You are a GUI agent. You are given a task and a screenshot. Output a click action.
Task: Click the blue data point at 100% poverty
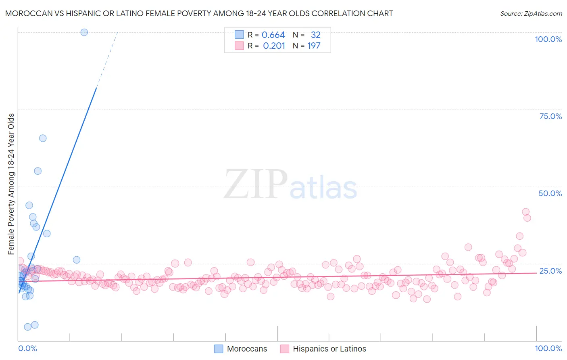coord(84,32)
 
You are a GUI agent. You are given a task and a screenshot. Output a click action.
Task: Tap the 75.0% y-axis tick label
coord(550,116)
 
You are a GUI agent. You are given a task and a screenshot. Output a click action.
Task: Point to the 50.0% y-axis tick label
coord(550,193)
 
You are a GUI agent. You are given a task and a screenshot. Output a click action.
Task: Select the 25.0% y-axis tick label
coord(550,271)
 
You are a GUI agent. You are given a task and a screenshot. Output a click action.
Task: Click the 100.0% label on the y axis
coord(548,39)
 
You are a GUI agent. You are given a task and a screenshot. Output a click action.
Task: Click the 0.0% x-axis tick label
coord(27,348)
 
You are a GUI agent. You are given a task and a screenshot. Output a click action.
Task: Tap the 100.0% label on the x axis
coord(548,348)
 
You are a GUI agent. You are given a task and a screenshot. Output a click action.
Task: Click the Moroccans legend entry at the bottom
coord(247,349)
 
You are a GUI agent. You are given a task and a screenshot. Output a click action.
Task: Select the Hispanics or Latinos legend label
coord(329,349)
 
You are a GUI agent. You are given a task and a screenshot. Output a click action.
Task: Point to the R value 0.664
coord(273,35)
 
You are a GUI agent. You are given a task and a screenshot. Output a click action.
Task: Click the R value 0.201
coord(274,46)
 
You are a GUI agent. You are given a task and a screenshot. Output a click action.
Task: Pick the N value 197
coord(314,46)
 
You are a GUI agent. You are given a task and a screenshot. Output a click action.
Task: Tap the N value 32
coord(315,35)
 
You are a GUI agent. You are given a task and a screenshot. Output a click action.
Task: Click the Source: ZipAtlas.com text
coord(531,14)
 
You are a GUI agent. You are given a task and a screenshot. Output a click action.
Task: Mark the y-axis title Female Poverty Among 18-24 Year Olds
coord(11,184)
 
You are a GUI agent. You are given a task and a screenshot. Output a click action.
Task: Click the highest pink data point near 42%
coord(525,212)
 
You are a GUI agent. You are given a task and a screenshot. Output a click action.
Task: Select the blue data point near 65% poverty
coord(43,138)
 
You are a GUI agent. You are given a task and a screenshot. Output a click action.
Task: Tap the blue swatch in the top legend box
coord(239,35)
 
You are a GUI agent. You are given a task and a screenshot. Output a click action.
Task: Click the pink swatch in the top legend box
coord(239,46)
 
